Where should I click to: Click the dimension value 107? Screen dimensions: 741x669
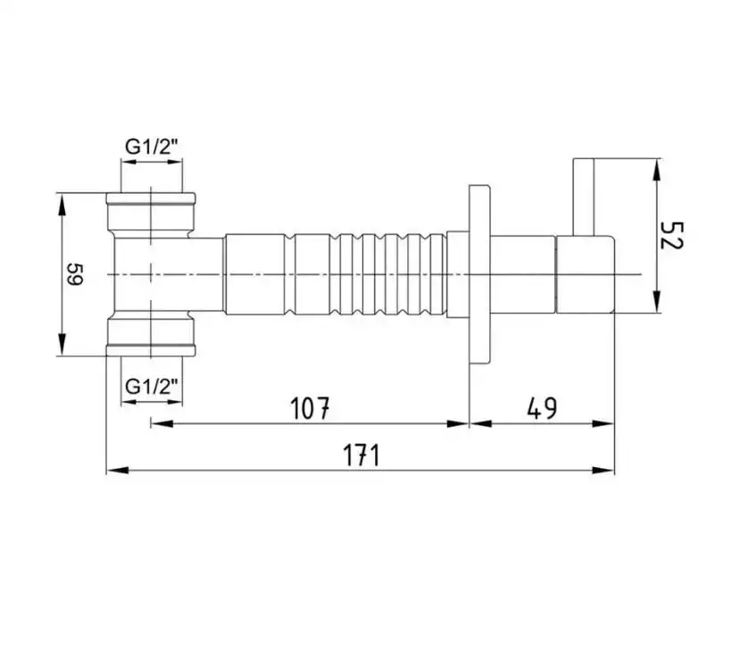point(310,408)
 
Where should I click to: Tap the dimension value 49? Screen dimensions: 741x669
point(542,408)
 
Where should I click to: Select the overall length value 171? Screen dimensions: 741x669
point(361,456)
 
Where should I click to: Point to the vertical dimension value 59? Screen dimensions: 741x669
point(75,274)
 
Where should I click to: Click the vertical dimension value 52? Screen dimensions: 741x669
point(671,235)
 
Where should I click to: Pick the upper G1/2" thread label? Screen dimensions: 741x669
point(152,147)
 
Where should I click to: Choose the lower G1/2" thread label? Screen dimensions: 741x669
point(152,387)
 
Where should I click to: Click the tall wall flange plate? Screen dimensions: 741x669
point(479,275)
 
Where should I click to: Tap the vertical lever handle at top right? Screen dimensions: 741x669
point(583,197)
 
